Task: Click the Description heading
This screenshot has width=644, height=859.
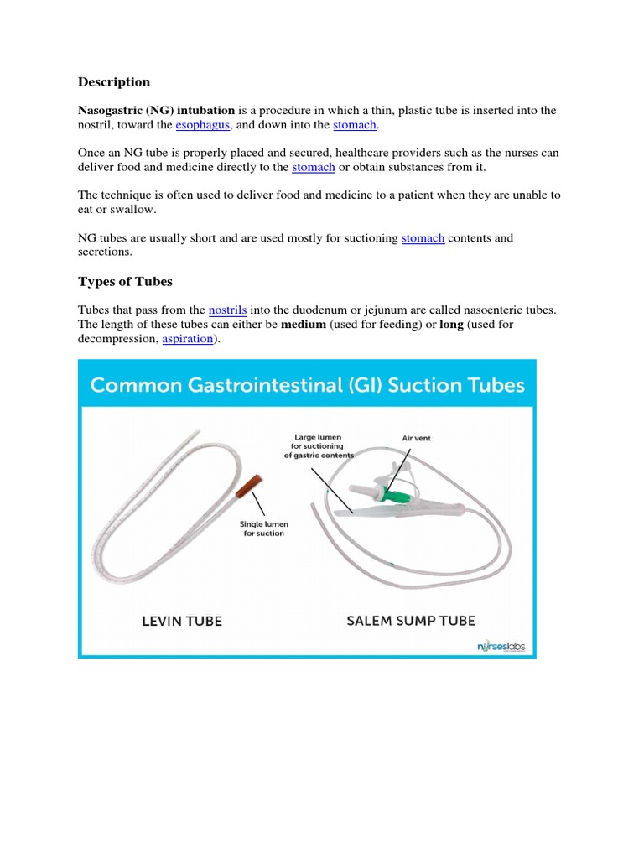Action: (114, 82)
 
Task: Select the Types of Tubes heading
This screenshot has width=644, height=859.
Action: (125, 280)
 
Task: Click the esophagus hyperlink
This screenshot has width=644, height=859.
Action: (203, 125)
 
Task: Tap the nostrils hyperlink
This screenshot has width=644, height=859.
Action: (227, 310)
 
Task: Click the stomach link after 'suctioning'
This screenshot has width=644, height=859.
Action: (423, 238)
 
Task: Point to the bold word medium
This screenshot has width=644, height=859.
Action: (304, 325)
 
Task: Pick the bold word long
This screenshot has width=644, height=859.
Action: (451, 325)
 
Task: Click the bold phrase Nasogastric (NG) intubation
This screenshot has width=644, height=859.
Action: (157, 111)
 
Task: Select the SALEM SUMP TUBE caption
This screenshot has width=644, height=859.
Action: (411, 622)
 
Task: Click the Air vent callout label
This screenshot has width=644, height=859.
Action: (416, 438)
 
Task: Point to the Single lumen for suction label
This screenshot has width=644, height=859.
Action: (263, 528)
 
